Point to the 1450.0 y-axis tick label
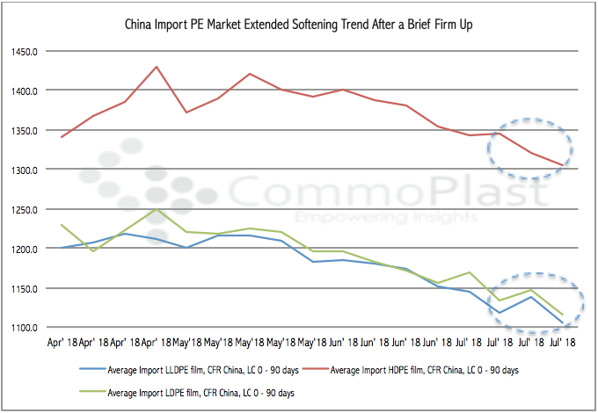(33, 51)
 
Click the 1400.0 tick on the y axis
(33, 91)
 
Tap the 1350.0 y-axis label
(33, 130)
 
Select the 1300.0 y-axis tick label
(33, 170)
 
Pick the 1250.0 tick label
(33, 209)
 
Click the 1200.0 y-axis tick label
(33, 249)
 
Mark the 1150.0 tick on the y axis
(33, 288)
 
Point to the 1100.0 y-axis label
(33, 328)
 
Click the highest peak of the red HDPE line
(157, 67)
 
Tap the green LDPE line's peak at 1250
(157, 209)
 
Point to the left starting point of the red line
(61, 137)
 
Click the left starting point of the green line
(61, 225)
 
